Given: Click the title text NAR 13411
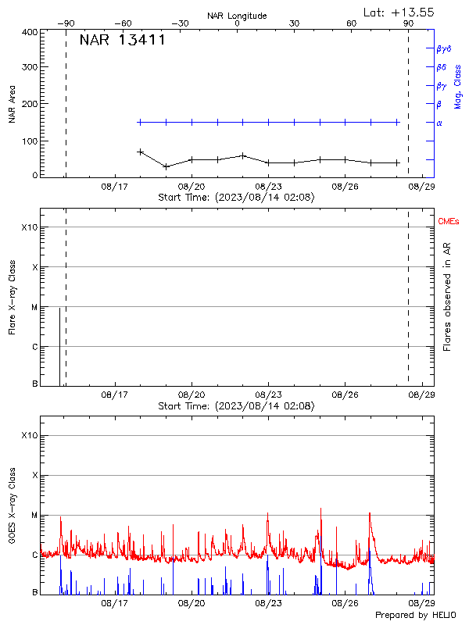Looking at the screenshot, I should point(122,41).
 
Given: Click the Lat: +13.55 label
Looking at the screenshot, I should point(399,12).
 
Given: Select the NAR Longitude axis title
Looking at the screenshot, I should point(237,16).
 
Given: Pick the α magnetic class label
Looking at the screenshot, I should point(439,123).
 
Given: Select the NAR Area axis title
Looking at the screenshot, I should point(12,104).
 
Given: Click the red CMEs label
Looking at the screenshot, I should point(449,222).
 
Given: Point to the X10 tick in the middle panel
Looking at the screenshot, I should point(30,227).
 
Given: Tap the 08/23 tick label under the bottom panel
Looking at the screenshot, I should point(268,604).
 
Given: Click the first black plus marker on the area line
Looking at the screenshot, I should point(141,152).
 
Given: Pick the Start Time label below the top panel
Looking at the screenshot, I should point(236,198).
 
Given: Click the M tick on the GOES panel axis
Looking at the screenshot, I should point(34,516).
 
